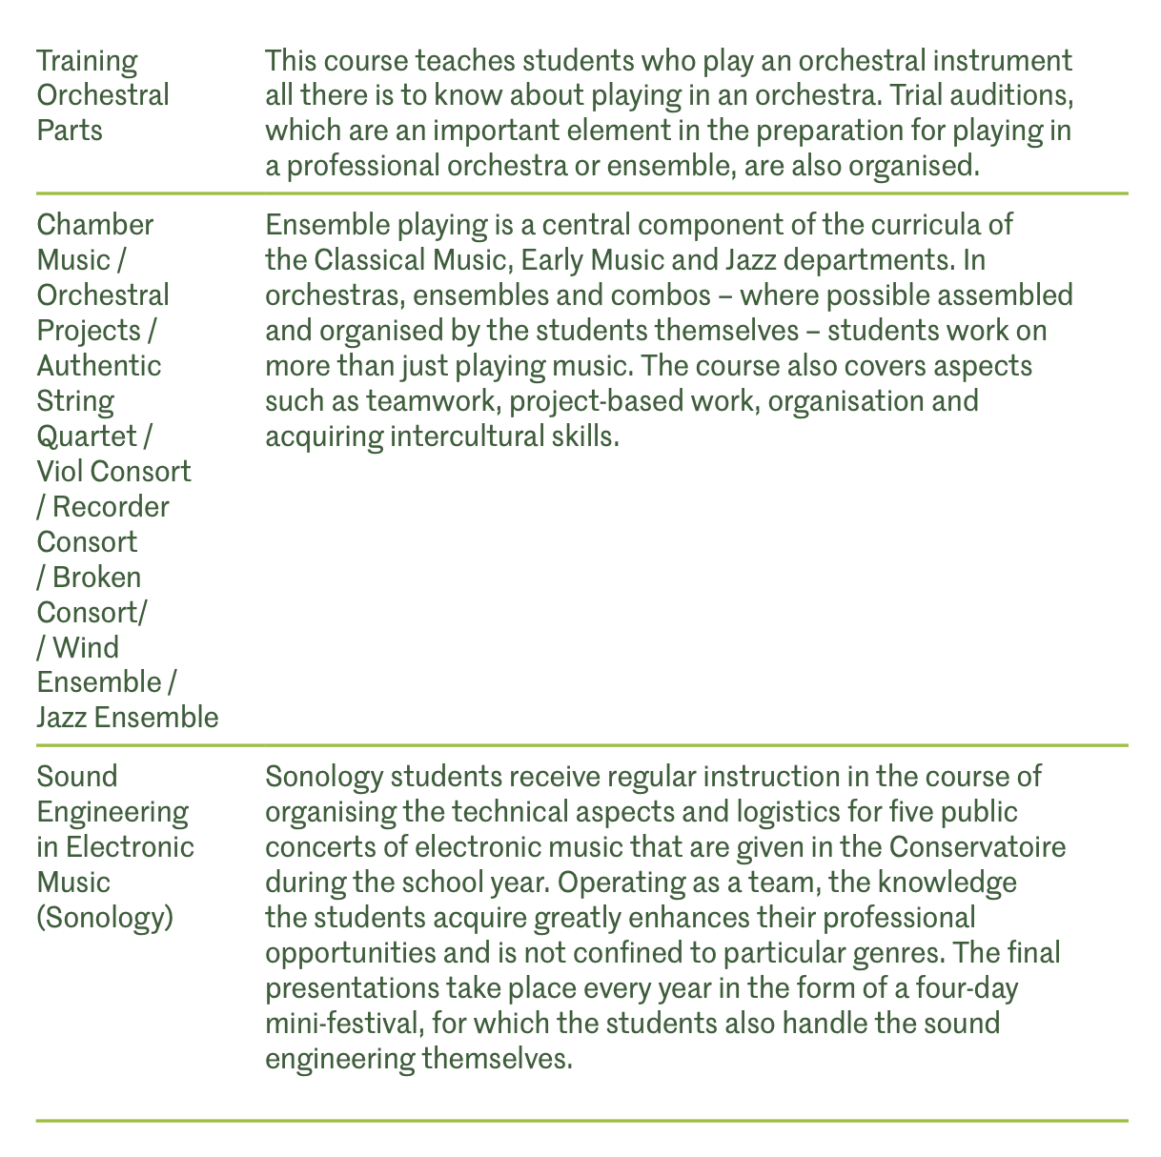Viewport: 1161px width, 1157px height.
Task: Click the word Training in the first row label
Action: coord(87,62)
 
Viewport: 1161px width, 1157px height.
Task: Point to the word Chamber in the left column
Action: coord(94,225)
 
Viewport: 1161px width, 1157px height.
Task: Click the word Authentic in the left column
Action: coord(99,366)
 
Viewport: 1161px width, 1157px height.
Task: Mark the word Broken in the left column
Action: coord(96,577)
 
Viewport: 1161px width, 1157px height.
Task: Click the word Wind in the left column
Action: coord(86,647)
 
